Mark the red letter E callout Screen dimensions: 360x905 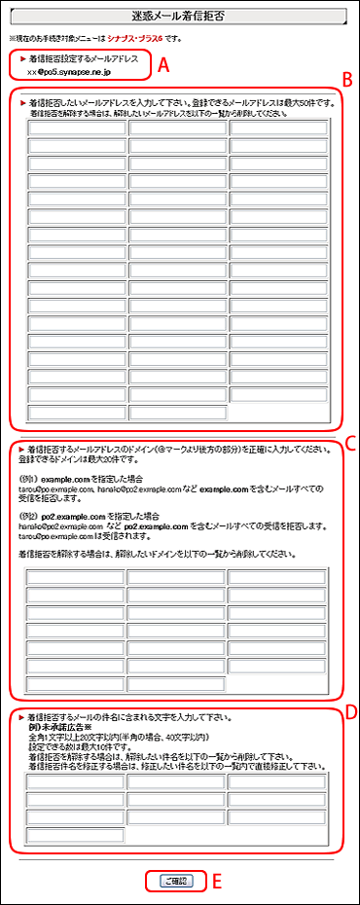[218, 883]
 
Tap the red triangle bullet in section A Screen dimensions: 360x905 [22, 59]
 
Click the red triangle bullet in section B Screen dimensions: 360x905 [22, 101]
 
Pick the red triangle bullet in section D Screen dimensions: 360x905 [22, 716]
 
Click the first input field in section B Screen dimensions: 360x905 [76, 127]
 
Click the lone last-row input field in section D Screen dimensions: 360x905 [75, 834]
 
